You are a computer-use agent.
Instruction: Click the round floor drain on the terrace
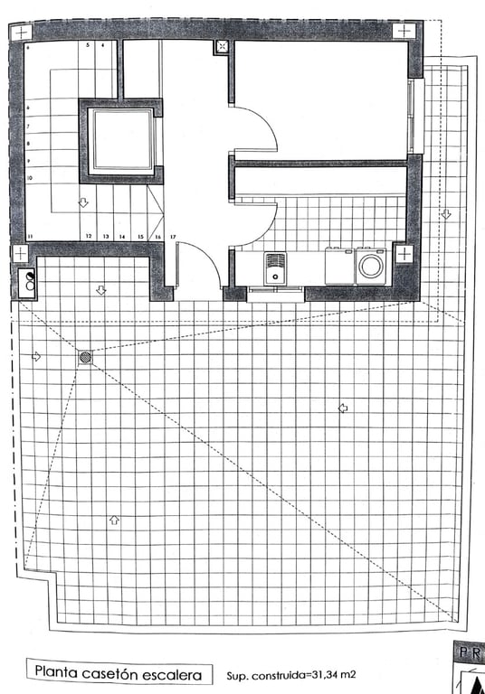(85, 357)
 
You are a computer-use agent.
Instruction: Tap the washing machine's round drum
(370, 267)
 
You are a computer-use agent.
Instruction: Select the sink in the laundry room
(275, 267)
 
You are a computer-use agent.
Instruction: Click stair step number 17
(172, 237)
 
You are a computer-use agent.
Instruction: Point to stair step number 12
(89, 236)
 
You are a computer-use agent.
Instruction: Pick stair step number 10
(30, 179)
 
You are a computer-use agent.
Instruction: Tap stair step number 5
(88, 44)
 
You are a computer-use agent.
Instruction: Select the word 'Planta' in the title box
(62, 672)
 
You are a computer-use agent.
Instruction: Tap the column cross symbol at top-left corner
(19, 31)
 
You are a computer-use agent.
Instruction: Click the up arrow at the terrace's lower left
(113, 520)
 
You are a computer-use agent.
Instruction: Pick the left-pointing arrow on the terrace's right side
(343, 408)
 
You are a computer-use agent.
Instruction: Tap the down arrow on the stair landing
(83, 203)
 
